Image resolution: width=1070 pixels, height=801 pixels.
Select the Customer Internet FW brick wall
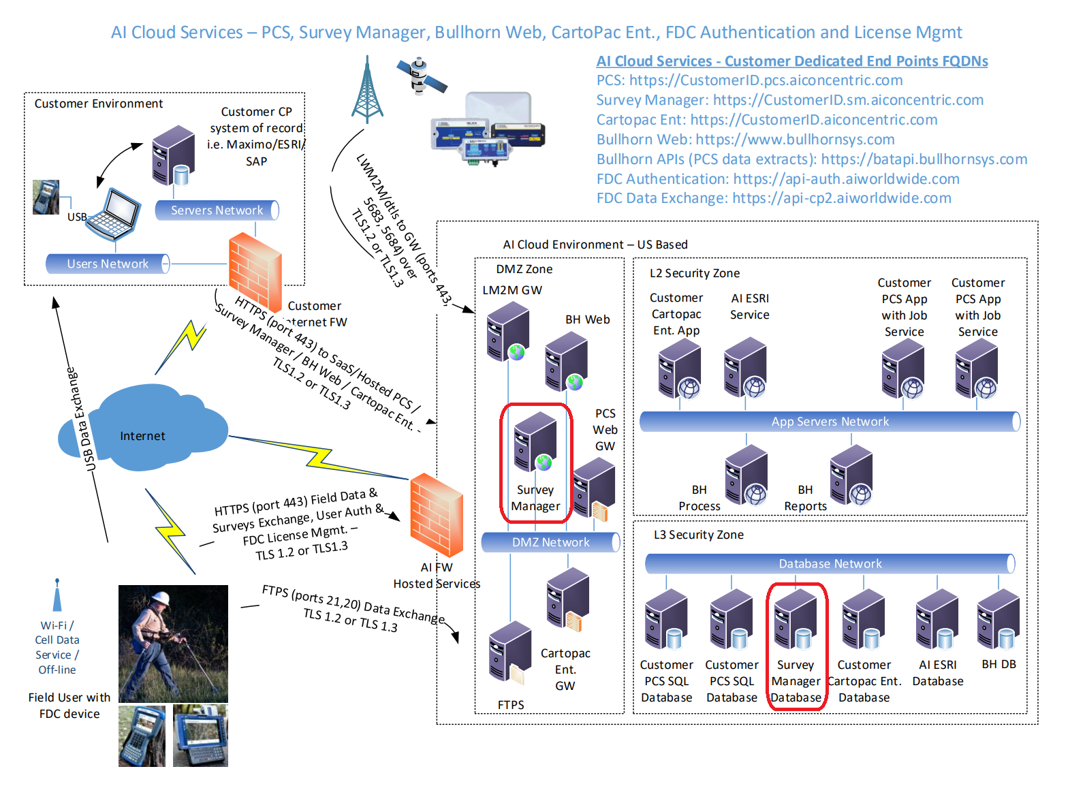coord(255,272)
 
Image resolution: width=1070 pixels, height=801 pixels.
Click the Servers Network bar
coord(217,210)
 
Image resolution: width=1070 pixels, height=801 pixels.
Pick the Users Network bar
coord(108,264)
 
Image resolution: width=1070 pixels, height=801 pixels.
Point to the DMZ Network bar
coord(550,542)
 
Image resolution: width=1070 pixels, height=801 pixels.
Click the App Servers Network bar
coord(830,421)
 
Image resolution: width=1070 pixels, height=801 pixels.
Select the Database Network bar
coord(830,563)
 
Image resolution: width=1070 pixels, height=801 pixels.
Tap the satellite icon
coord(421,76)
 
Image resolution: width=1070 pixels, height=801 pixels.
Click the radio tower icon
coord(367,89)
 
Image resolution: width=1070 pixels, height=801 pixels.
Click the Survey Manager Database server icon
coord(796,620)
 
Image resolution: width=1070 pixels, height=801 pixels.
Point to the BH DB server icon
coord(998,620)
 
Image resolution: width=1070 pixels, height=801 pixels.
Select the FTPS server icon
coord(510,653)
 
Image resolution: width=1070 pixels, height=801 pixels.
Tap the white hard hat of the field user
coord(159,598)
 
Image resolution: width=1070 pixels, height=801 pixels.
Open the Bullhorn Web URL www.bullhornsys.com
coord(795,140)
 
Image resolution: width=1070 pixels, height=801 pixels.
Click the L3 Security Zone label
coord(699,535)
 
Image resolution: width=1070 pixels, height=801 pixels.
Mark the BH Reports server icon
coord(851,474)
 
